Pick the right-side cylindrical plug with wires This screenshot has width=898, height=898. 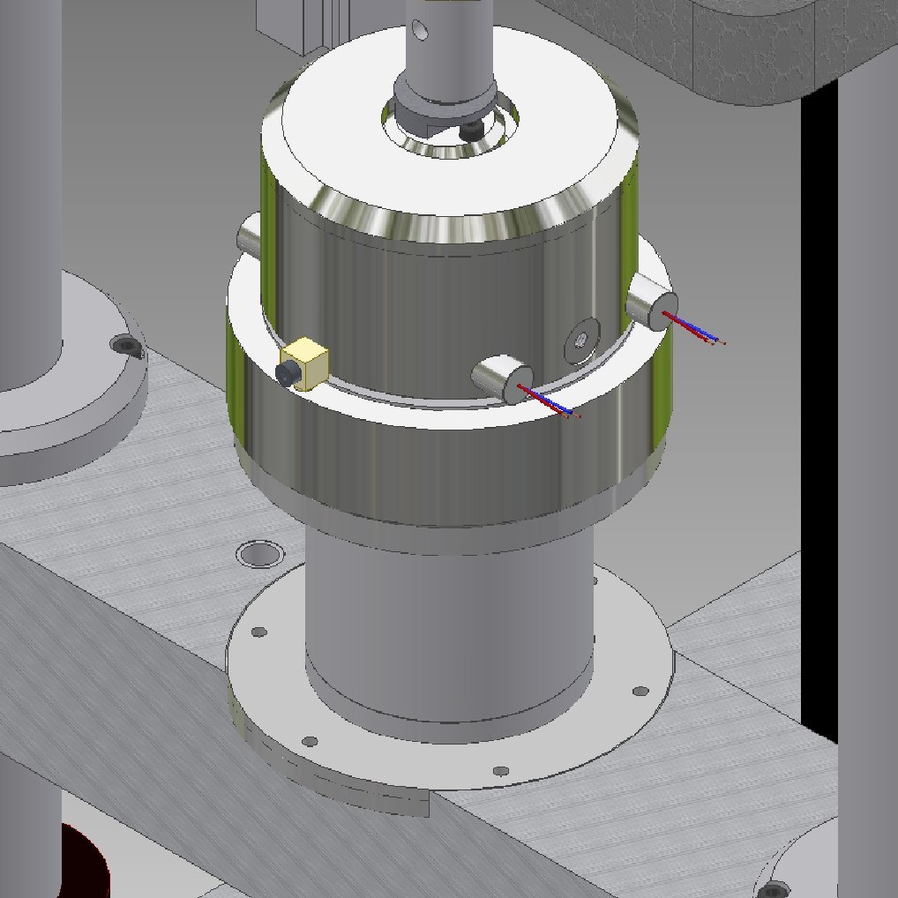click(649, 302)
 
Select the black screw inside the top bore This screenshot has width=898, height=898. click(471, 131)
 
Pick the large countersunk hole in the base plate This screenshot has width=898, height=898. click(260, 554)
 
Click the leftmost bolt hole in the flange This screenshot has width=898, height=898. click(258, 632)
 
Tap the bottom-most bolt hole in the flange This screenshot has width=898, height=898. click(500, 772)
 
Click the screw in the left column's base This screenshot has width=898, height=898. click(125, 344)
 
